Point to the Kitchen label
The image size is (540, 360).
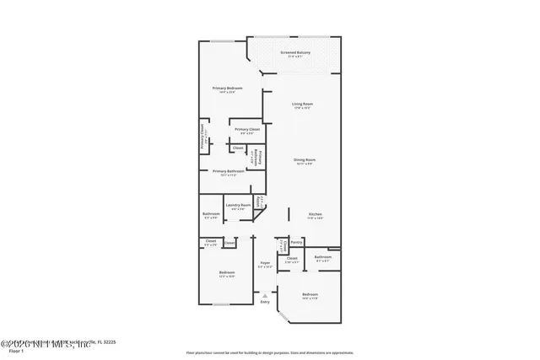pos(315,214)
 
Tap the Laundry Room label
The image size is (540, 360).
pos(238,205)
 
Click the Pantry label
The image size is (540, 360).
pos(296,242)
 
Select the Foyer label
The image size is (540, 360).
pos(265,263)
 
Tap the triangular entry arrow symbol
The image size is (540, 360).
pos(265,294)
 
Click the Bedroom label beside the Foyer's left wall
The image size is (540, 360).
pos(227,273)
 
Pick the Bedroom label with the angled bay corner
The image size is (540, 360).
pos(310,295)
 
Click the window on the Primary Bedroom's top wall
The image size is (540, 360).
pos(223,41)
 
